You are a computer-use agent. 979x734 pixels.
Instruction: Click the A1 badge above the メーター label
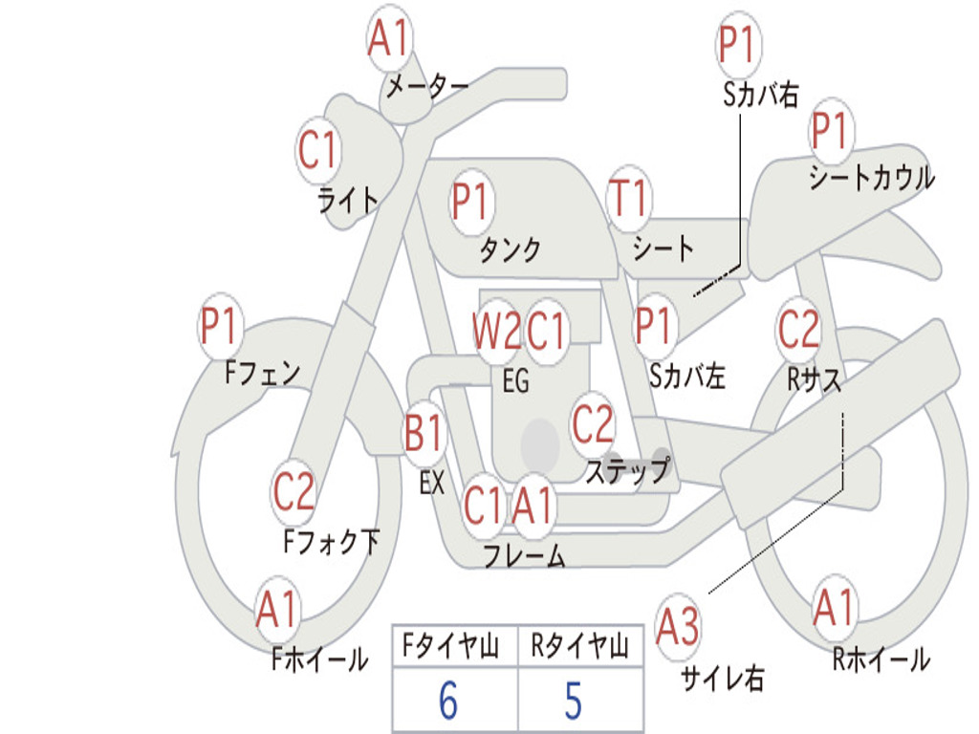[390, 38]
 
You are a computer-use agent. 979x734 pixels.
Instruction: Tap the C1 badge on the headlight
[317, 150]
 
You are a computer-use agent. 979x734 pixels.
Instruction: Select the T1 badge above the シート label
[629, 198]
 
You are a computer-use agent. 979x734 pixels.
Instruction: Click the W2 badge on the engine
[497, 330]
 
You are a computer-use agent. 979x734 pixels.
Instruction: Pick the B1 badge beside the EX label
[424, 433]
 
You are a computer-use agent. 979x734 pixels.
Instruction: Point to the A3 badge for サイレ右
[678, 626]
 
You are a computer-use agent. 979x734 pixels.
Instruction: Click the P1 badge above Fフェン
[221, 325]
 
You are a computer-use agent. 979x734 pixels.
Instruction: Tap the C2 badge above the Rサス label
[798, 329]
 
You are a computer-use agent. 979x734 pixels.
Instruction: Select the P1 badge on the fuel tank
[472, 202]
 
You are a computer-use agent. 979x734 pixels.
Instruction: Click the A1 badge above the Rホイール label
[834, 607]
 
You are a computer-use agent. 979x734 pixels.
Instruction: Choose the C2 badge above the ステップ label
[593, 423]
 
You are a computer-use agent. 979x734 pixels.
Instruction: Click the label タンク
[510, 249]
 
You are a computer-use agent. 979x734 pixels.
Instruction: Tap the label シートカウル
[872, 177]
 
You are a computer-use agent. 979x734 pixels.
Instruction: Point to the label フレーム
[525, 555]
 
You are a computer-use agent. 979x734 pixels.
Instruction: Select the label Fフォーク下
[332, 541]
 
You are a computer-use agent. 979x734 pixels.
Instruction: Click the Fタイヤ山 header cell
[455, 645]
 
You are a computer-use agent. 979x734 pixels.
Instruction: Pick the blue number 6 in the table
[448, 700]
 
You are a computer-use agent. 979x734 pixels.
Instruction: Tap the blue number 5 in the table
[574, 700]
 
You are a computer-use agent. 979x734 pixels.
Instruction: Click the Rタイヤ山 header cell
[580, 645]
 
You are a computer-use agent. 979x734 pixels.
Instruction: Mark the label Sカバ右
[761, 95]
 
